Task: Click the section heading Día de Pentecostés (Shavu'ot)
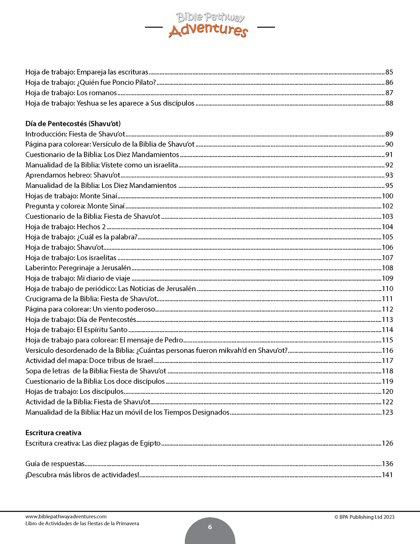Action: coord(73,124)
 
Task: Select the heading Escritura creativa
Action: coord(53,433)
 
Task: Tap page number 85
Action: coord(389,72)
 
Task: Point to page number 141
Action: coord(387,475)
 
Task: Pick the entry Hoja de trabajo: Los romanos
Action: coord(71,93)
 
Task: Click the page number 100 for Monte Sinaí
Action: coord(387,196)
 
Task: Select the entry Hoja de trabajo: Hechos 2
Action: coord(65,227)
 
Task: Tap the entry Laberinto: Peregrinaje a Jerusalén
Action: coord(78,268)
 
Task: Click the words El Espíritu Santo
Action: coord(102,330)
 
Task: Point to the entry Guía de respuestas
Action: coord(55,464)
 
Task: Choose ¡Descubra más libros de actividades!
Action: coord(83,475)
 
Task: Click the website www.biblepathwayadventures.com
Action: coord(66,517)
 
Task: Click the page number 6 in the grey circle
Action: coord(210,527)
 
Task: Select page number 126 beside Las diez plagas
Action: coord(387,443)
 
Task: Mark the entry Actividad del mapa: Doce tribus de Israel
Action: coord(89,361)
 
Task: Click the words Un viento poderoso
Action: coord(124,309)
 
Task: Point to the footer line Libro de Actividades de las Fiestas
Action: coord(82,523)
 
